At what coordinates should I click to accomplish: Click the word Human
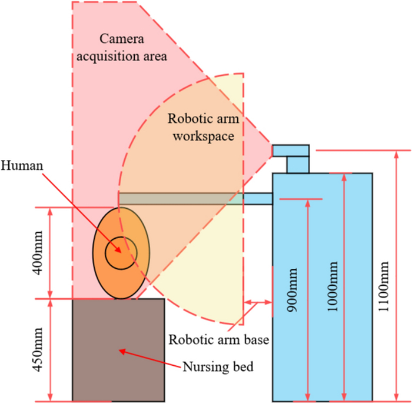click(22, 166)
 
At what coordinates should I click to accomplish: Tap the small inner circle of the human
click(121, 253)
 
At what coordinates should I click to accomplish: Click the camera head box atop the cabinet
click(291, 151)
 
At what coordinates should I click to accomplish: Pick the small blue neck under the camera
click(298, 165)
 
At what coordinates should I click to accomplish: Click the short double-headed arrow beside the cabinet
click(258, 303)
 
